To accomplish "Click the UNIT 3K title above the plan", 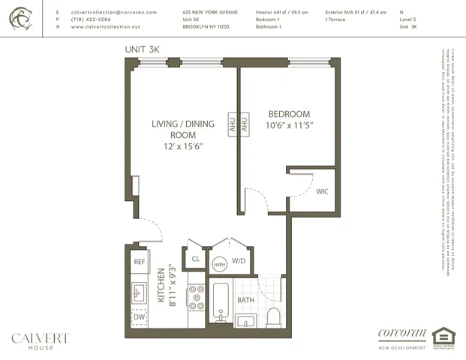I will click(x=143, y=49).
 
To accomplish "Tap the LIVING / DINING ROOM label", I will click(x=182, y=134).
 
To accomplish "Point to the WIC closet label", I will click(x=322, y=192).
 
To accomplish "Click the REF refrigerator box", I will click(x=140, y=262).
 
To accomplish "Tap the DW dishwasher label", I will click(x=140, y=317).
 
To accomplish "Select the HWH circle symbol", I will click(x=220, y=264).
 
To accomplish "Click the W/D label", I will click(x=239, y=261).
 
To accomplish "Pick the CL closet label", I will click(x=196, y=259).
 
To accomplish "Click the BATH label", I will click(x=246, y=300).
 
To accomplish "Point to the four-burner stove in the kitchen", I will click(x=197, y=296).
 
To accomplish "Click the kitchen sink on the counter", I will click(x=138, y=292).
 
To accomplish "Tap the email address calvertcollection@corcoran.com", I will click(x=113, y=13).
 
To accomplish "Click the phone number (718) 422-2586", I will click(x=92, y=19).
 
